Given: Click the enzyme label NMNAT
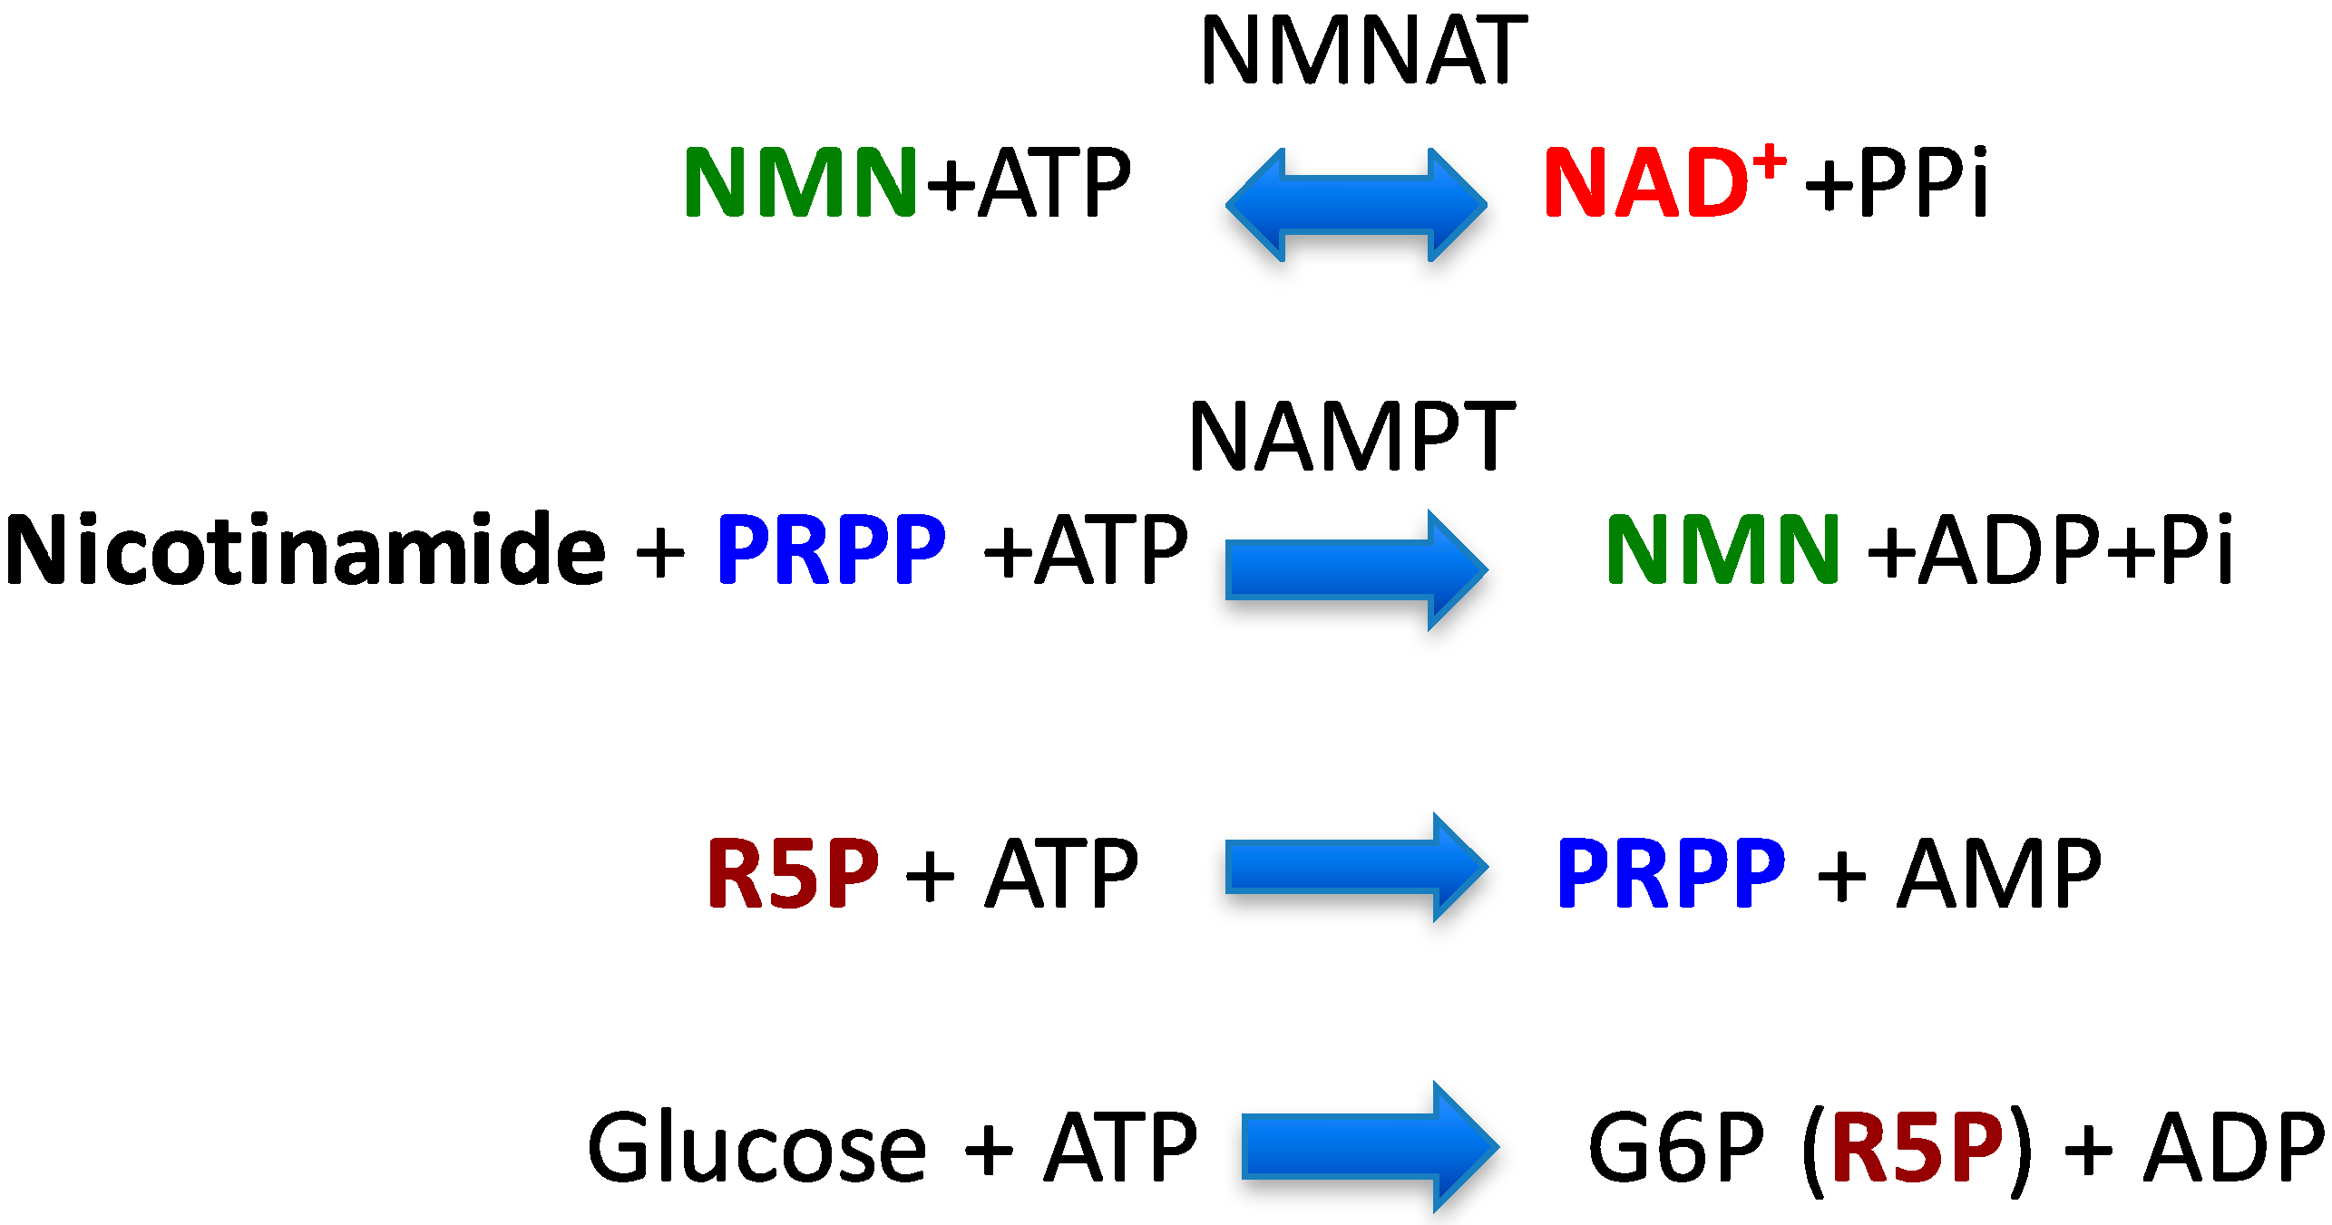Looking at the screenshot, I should pyautogui.click(x=1363, y=51).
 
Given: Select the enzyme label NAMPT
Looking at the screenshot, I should pyautogui.click(x=1351, y=437).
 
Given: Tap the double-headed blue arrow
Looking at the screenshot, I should pyautogui.click(x=1356, y=205).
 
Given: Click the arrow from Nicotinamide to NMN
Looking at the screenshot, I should pyautogui.click(x=1356, y=569).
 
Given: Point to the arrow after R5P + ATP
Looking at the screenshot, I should pyautogui.click(x=1356, y=867).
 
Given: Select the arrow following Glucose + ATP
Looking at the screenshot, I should pyautogui.click(x=1370, y=1146).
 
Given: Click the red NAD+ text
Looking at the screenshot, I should pyautogui.click(x=1646, y=183).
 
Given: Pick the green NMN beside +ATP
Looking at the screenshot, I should pyautogui.click(x=800, y=183).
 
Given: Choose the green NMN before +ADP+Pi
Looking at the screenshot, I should pyautogui.click(x=1722, y=549).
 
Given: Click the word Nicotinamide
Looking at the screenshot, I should pyautogui.click(x=305, y=549).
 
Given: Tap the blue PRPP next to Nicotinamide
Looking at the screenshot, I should pyautogui.click(x=831, y=549).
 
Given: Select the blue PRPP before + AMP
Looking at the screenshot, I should pyautogui.click(x=1671, y=872).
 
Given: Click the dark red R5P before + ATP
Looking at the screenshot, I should pyautogui.click(x=793, y=872).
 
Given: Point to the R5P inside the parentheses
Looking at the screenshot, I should pyautogui.click(x=1917, y=1148).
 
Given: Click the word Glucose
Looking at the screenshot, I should pyautogui.click(x=756, y=1148).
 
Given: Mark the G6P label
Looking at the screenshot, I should pyautogui.click(x=1676, y=1148).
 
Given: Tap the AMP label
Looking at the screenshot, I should pyautogui.click(x=1999, y=872).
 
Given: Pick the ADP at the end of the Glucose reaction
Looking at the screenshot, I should pyautogui.click(x=2235, y=1148).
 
